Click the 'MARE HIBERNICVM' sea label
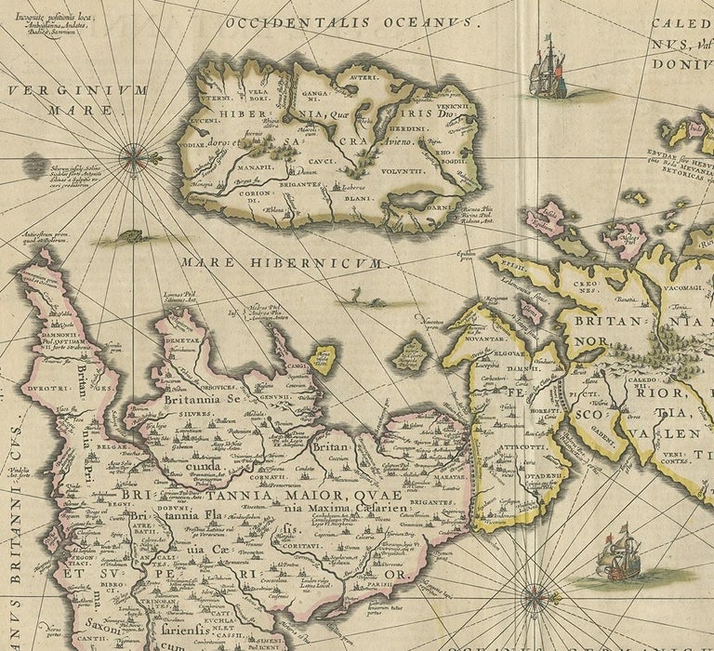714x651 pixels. tap(282, 263)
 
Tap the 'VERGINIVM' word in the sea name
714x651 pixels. tap(78, 90)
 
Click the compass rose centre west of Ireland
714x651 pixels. tap(136, 157)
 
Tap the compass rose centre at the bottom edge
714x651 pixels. tap(535, 595)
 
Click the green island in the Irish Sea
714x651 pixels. tap(409, 353)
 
